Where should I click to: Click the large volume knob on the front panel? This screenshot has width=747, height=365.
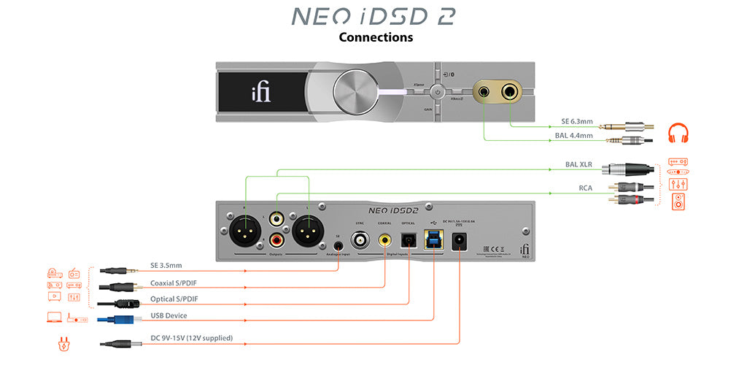pos(355,93)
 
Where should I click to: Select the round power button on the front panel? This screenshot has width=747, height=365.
pos(437,93)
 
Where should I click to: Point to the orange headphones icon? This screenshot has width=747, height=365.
pos(678,134)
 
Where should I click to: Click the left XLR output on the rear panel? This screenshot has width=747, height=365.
pos(242,235)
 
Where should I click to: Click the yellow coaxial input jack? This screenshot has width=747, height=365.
pos(384,238)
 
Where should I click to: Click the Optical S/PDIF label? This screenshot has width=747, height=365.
pos(174,299)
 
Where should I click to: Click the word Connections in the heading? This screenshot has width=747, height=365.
pos(376,36)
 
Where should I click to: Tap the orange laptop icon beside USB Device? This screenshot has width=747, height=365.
pos(55,318)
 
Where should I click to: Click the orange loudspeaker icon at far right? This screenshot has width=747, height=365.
pos(678,201)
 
